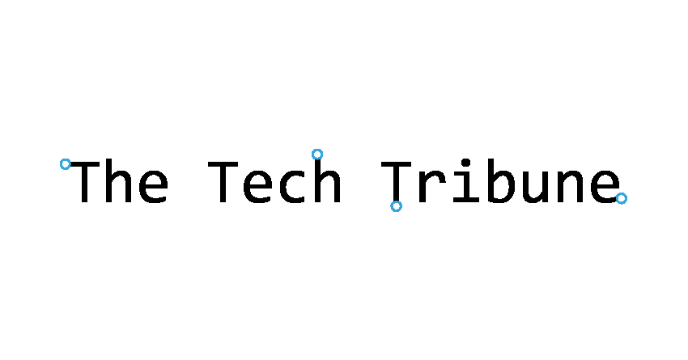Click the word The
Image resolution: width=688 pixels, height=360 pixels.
(119, 180)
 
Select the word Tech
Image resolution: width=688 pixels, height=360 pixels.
(274, 180)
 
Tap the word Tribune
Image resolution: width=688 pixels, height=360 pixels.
(500, 180)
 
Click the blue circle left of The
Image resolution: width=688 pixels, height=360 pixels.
(66, 164)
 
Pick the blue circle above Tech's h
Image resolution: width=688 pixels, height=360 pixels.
(317, 155)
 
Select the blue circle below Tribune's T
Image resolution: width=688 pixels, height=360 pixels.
(397, 206)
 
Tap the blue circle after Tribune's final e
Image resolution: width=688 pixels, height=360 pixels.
(622, 199)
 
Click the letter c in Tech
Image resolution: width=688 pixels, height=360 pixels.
(292, 186)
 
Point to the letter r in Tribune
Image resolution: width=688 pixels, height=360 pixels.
(432, 186)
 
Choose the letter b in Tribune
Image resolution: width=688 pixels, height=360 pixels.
(501, 180)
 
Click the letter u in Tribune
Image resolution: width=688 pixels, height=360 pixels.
(536, 187)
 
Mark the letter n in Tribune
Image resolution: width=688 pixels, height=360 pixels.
(570, 186)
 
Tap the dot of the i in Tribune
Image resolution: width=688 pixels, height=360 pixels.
(466, 163)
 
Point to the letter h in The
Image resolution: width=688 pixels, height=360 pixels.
(118, 180)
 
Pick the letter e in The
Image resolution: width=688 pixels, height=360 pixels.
(154, 186)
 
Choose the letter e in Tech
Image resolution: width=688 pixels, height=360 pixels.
(257, 186)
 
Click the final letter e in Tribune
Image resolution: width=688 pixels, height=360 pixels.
(605, 186)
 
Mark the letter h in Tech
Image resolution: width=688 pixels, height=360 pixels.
(327, 180)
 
